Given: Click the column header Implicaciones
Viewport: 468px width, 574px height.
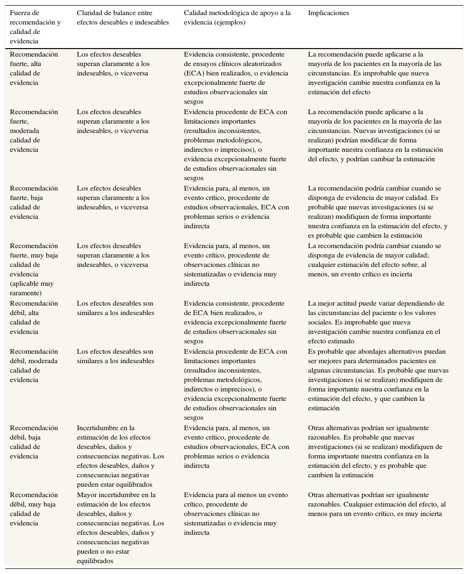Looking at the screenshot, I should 328,13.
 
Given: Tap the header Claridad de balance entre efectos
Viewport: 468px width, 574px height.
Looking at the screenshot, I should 122,18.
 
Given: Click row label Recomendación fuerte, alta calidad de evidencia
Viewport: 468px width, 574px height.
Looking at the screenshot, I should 34,68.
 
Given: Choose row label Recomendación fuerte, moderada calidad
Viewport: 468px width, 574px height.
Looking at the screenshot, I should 34,131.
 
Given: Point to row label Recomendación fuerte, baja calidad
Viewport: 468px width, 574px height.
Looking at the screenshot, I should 34,202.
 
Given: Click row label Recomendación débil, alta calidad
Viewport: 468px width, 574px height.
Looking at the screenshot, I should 34,317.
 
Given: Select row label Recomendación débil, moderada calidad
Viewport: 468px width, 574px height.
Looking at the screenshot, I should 34,366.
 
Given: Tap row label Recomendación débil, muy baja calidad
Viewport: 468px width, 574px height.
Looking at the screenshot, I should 34,509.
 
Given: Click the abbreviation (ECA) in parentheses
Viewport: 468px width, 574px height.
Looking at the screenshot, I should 193,74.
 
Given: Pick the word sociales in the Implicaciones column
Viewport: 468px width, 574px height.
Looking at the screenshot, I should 320,323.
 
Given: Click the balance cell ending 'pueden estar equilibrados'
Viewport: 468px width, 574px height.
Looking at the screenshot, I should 120,456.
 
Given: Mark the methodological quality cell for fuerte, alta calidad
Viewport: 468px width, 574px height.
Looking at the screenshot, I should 236,78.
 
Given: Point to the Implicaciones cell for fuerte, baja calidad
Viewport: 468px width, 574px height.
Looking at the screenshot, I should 377,212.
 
